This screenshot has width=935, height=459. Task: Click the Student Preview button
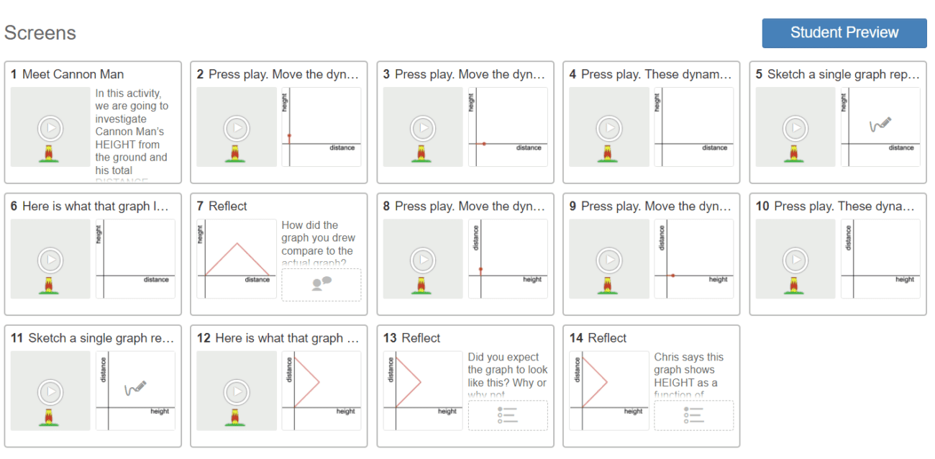pos(844,33)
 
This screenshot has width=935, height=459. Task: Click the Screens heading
pos(40,33)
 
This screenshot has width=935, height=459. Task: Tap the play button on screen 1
pos(50,129)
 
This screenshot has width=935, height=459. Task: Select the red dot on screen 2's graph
pos(289,135)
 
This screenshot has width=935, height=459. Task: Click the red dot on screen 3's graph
pos(484,144)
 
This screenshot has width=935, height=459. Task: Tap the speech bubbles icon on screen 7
pos(321,283)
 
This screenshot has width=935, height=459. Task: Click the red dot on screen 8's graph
pos(480,270)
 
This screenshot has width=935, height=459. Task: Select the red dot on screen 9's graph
pos(672,276)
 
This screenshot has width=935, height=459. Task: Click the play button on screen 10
pos(795,260)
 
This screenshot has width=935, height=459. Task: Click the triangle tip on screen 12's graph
pos(319,381)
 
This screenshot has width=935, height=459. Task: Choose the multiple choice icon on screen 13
pos(507,415)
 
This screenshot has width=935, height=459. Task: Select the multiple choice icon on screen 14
pos(693,415)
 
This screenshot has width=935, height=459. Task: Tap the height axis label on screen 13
pos(447,412)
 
